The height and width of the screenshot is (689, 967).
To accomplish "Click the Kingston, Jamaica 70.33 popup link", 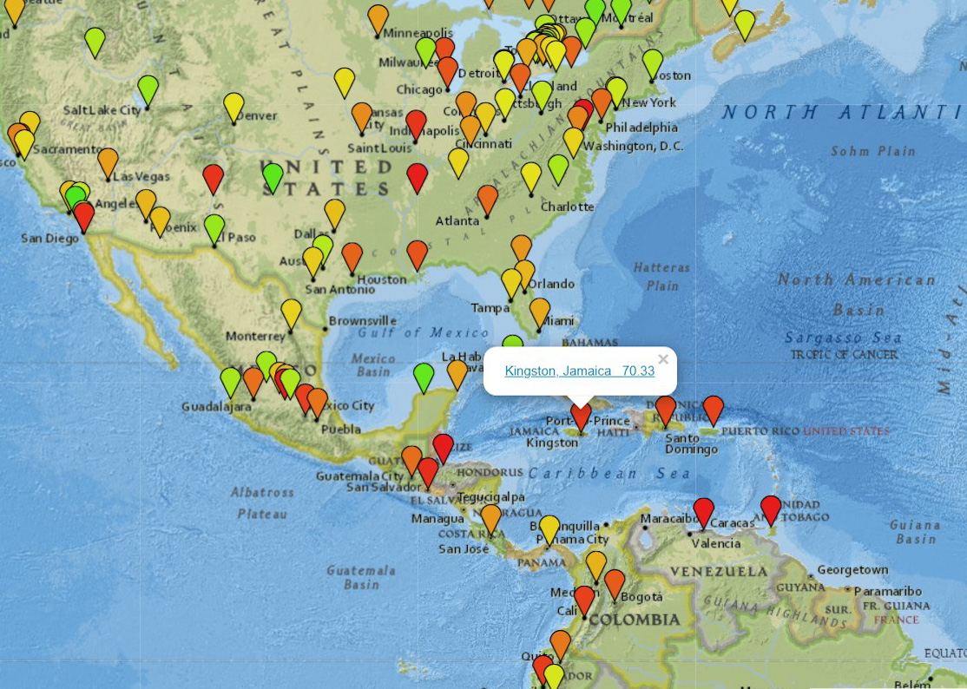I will coord(579,371).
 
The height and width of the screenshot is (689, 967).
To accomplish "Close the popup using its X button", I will coord(663,359).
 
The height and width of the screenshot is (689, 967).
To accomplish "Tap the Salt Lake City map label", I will coord(102,110).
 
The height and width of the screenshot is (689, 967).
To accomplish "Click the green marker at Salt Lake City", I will coord(148,89).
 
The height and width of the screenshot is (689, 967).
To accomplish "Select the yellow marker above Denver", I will coord(234,106).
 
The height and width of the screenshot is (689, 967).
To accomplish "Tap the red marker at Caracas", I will coord(703,511).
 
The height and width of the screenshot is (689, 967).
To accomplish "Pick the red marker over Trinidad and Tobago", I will coord(771,509).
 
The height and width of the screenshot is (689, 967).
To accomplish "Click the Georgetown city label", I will coord(852,570).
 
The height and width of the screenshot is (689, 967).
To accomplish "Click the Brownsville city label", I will coord(362,321).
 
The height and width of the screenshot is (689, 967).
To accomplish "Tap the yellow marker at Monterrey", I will coord(291,313).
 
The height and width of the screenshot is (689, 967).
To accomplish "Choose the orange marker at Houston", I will coord(352,256).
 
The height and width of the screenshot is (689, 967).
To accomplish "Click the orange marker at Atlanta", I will coord(488,199).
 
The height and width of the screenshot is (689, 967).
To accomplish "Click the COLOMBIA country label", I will coord(635,620).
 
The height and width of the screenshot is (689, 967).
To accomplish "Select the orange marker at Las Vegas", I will coord(108,161).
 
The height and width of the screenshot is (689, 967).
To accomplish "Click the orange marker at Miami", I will coord(540,311).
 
